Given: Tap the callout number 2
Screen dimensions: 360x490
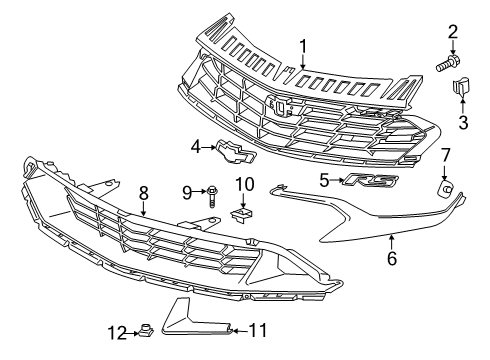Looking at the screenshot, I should (x=452, y=32).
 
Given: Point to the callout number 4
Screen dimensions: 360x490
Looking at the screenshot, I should (x=197, y=146).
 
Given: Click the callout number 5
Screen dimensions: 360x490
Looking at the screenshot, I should (x=324, y=180).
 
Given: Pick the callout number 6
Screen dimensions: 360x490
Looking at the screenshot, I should (x=391, y=258).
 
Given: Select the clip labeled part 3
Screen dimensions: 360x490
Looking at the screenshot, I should (x=461, y=91).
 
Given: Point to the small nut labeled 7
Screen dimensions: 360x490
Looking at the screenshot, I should (x=445, y=185).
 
